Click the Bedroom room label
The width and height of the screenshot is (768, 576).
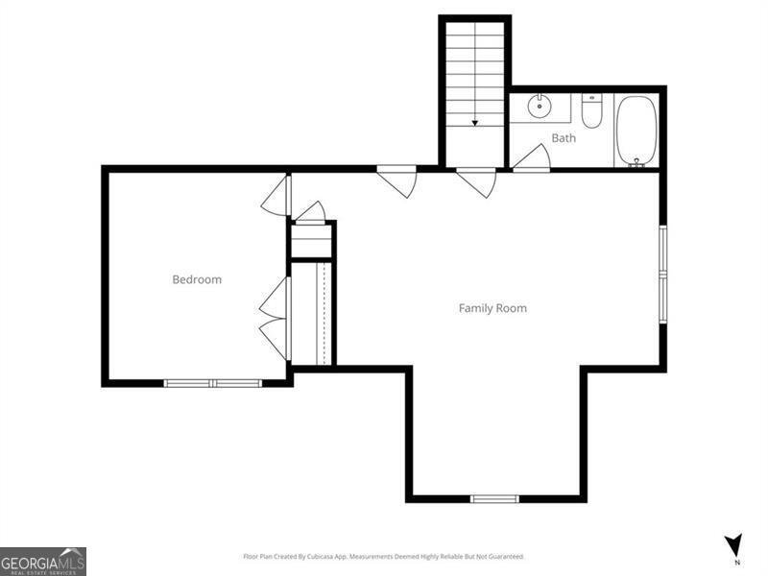(197, 279)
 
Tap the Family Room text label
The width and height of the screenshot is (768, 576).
(492, 308)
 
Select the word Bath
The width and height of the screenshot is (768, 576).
(564, 138)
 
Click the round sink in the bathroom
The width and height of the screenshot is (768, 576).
(540, 106)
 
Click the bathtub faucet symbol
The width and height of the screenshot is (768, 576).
(635, 163)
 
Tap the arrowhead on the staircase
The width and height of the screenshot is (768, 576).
(474, 123)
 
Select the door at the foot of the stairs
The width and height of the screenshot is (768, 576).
(477, 181)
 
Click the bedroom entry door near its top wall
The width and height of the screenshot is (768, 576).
(276, 196)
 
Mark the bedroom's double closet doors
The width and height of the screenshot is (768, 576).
(276, 319)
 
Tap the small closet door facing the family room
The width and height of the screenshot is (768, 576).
(310, 211)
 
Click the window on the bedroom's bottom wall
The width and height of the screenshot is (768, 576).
(212, 383)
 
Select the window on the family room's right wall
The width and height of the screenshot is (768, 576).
(661, 275)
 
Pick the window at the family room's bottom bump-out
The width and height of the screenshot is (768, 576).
(494, 498)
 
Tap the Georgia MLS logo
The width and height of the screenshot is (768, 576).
(43, 561)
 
